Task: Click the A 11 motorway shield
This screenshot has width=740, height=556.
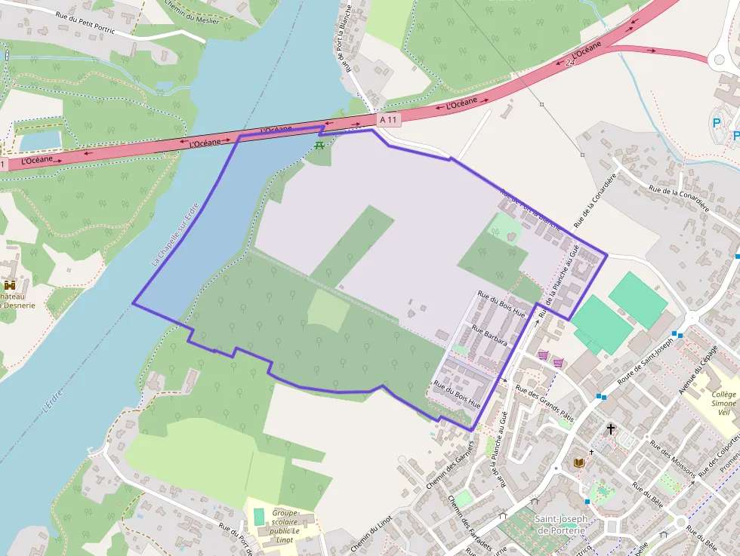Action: [388, 119]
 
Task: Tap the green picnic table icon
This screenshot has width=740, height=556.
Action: [319, 145]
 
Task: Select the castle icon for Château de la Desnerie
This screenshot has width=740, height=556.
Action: [10, 286]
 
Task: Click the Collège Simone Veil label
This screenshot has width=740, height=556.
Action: [723, 403]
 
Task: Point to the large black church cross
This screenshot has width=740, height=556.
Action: [611, 429]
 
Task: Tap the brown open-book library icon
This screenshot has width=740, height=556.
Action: [579, 462]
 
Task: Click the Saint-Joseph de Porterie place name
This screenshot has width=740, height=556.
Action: [560, 525]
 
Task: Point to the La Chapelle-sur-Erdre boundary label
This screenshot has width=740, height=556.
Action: [175, 234]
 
